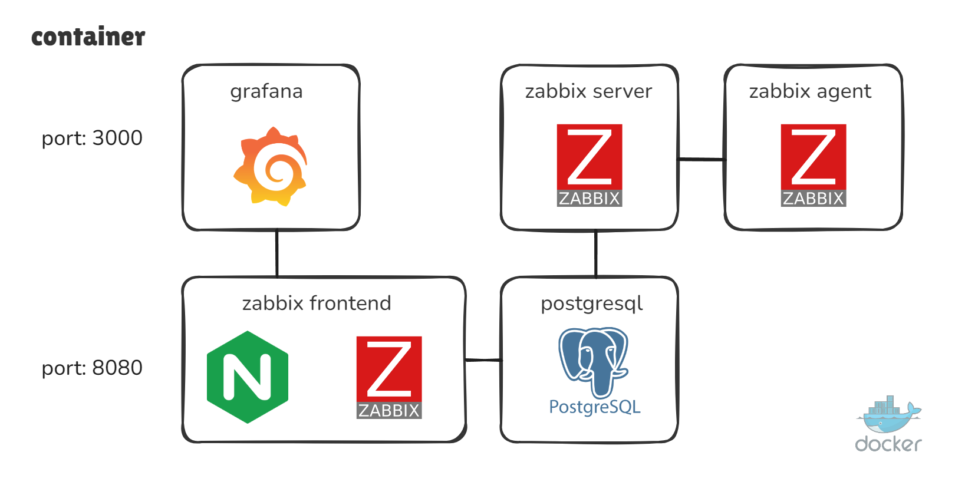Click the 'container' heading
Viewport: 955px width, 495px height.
pos(88,37)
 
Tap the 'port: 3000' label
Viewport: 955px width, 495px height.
pos(92,138)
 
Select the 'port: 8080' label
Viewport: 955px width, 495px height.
pos(92,368)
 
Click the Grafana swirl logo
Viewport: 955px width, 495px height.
pos(271,167)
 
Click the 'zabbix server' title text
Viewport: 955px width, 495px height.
pos(589,91)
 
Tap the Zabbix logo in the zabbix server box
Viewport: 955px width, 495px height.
pos(590,166)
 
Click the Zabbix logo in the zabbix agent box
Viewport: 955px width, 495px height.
pos(814,166)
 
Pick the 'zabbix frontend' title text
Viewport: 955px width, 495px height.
pos(317,303)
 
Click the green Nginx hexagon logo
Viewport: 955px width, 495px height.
pos(248,377)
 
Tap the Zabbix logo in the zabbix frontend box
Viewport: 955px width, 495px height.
pos(389,378)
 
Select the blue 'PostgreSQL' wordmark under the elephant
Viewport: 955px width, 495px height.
pos(595,407)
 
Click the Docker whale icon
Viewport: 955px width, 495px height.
pos(888,414)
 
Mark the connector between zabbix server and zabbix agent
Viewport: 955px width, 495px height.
pos(702,160)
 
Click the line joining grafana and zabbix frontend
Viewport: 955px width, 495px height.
pos(277,253)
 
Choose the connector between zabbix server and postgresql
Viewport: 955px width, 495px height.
pos(595,253)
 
